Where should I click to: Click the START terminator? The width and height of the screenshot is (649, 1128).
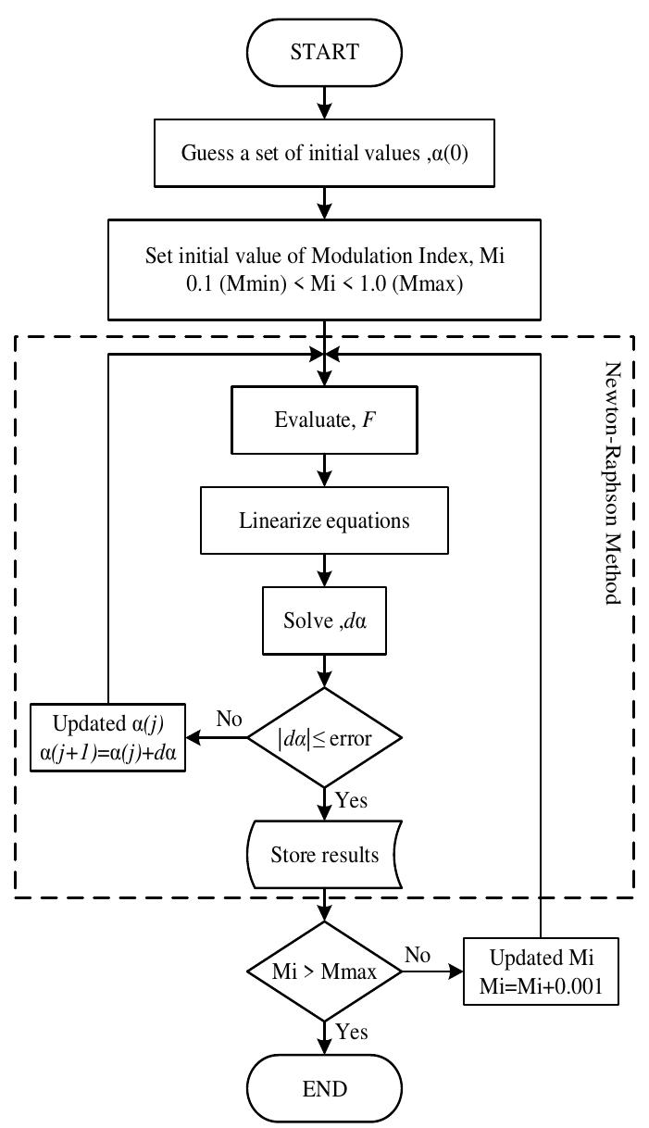click(x=323, y=51)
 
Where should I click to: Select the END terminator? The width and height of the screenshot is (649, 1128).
click(x=323, y=1087)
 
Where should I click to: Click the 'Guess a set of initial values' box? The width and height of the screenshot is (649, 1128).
click(x=323, y=153)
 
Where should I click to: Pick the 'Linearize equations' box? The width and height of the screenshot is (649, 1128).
click(x=323, y=520)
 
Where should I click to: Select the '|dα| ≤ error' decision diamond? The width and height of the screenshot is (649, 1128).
click(x=323, y=738)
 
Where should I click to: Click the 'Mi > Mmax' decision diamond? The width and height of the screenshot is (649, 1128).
click(x=323, y=972)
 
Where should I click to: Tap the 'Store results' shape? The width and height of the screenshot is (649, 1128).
click(x=323, y=853)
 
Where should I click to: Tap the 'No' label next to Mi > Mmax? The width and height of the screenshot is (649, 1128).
click(x=417, y=955)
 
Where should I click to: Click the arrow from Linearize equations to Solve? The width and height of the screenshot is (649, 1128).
click(x=323, y=570)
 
